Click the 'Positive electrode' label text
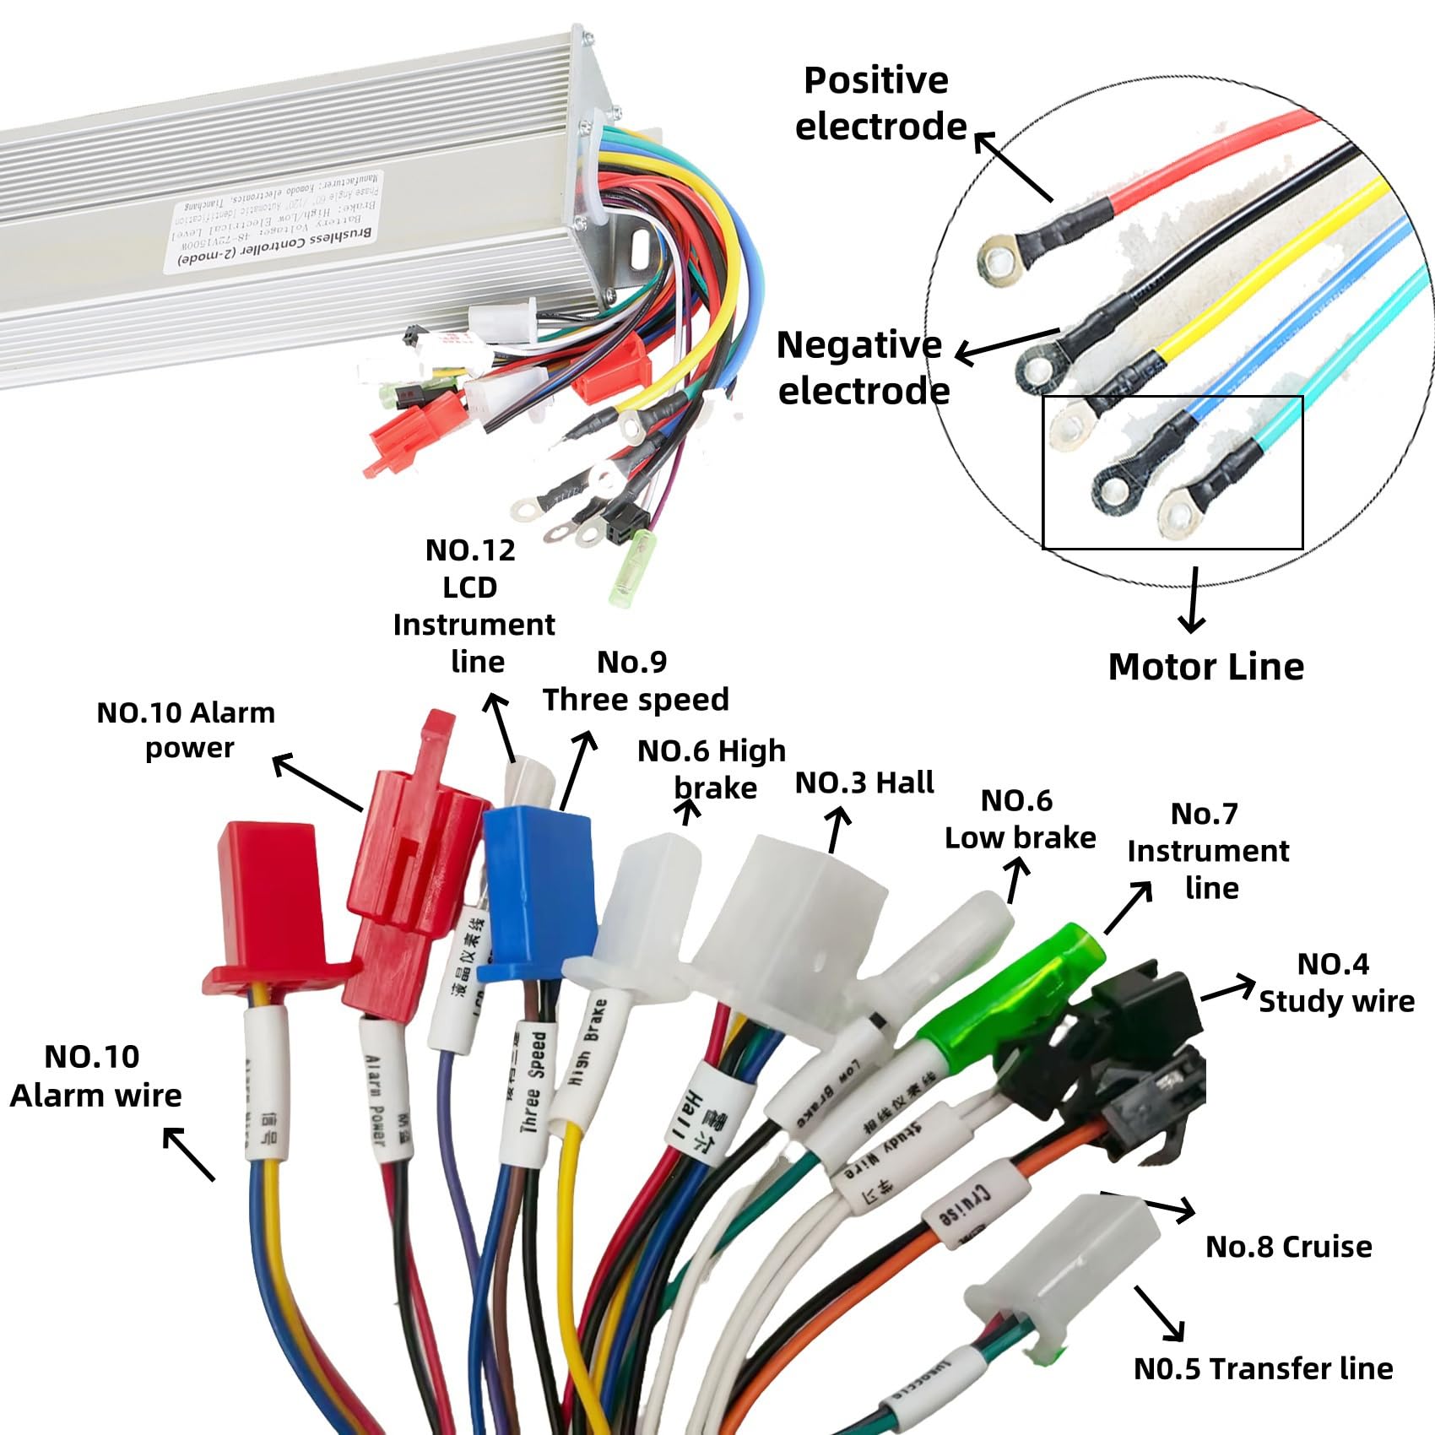tap(878, 103)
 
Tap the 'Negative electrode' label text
tap(861, 368)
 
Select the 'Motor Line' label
tap(1205, 667)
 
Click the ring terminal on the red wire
tap(1001, 260)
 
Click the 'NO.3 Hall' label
tap(864, 782)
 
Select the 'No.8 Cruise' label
tap(1288, 1247)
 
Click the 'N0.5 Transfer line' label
tap(1263, 1368)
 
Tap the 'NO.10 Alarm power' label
tap(187, 730)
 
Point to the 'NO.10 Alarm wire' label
tap(95, 1076)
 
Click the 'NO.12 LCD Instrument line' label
tap(473, 605)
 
